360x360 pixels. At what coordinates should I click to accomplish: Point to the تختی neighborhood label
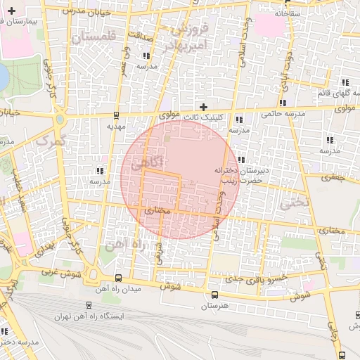[294, 202]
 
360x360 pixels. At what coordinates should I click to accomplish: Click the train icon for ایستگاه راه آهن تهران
[89, 306]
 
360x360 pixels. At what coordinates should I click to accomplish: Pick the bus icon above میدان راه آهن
[117, 278]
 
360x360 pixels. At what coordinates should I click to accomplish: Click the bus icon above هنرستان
[214, 294]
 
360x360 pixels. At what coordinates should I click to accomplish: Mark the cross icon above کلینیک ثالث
[204, 107]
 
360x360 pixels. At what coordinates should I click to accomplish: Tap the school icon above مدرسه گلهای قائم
[345, 82]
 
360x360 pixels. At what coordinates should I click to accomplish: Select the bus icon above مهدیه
[116, 117]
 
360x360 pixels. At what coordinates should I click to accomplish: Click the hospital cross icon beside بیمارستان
[11, 11]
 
